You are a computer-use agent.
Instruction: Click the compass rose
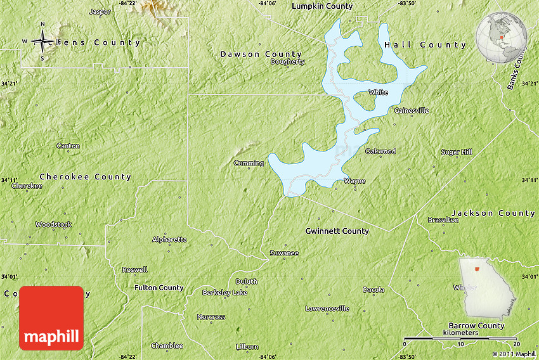42,42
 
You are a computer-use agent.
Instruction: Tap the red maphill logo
51,318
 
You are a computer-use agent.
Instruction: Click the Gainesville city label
412,110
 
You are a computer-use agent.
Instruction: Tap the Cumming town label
249,163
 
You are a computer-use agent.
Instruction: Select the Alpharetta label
169,240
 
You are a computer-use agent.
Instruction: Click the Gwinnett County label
337,231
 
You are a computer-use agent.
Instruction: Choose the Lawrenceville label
327,309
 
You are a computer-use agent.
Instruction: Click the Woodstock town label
53,224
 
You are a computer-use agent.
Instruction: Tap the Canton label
68,146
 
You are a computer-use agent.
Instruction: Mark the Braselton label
443,220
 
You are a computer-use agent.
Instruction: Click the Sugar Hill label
457,152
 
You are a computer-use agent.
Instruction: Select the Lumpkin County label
322,6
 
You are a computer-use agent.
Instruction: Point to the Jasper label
100,11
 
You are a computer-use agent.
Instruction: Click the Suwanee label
283,253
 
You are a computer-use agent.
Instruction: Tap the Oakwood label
380,151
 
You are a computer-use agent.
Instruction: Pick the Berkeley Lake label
224,293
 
